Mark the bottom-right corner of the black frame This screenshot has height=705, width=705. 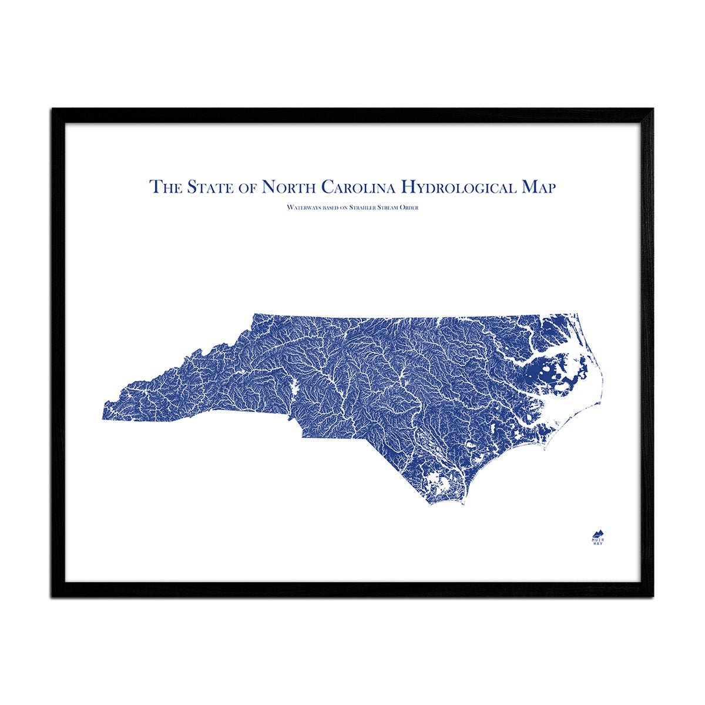coord(653,596)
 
